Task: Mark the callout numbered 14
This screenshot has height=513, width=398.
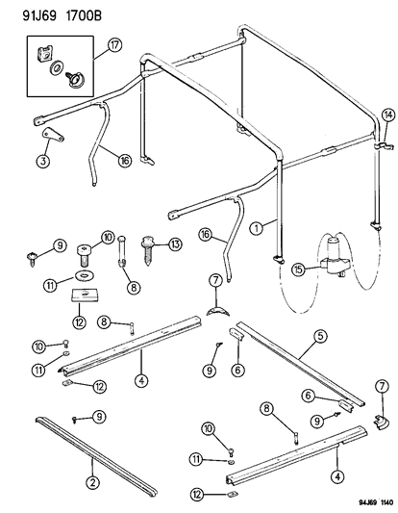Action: point(387,115)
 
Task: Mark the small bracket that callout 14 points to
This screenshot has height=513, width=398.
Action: point(382,145)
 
